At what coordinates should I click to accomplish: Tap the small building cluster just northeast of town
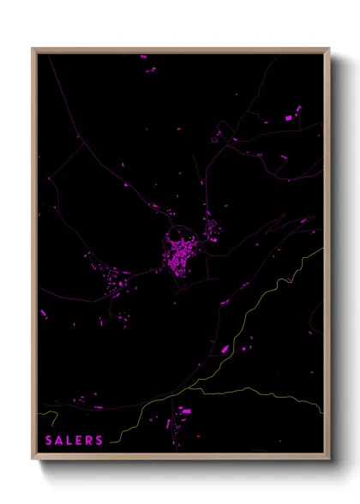click(x=208, y=227)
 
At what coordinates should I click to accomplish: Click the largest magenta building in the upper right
click(x=287, y=117)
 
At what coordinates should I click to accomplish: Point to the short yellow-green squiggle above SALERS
click(x=49, y=419)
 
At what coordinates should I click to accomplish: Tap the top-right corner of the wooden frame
click(x=328, y=49)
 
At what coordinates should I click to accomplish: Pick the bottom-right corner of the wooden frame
click(x=328, y=460)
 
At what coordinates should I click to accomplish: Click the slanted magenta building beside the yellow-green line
click(x=225, y=349)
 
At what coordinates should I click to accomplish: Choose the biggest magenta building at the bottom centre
click(x=185, y=411)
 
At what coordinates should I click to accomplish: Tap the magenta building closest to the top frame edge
click(x=144, y=57)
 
